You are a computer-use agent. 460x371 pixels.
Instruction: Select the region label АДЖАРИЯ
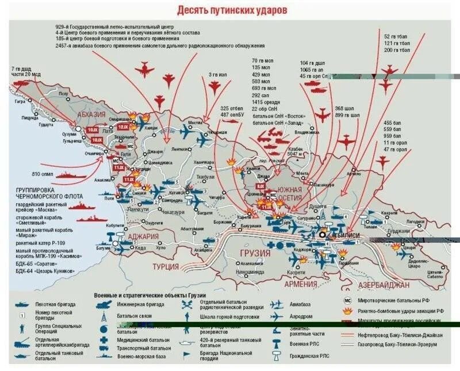[143, 237]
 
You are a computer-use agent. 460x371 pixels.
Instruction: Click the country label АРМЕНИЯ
[300, 284]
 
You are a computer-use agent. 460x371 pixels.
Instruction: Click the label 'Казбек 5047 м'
[294, 152]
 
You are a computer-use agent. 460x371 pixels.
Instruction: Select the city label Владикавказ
[290, 132]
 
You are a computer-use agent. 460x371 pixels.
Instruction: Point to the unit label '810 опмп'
[43, 174]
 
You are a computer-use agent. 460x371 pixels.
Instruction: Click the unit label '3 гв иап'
[217, 74]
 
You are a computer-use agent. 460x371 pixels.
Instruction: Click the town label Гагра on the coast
[21, 101]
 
